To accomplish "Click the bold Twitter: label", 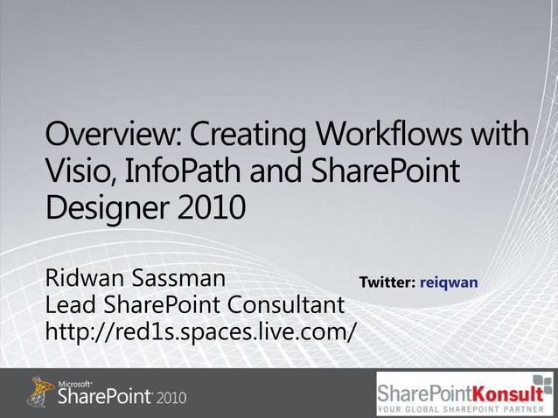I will [387, 282].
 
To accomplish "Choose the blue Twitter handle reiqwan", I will [448, 283].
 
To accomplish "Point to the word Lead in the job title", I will [69, 306].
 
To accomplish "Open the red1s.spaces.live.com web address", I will [201, 332].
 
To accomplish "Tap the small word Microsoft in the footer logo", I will [73, 383].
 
